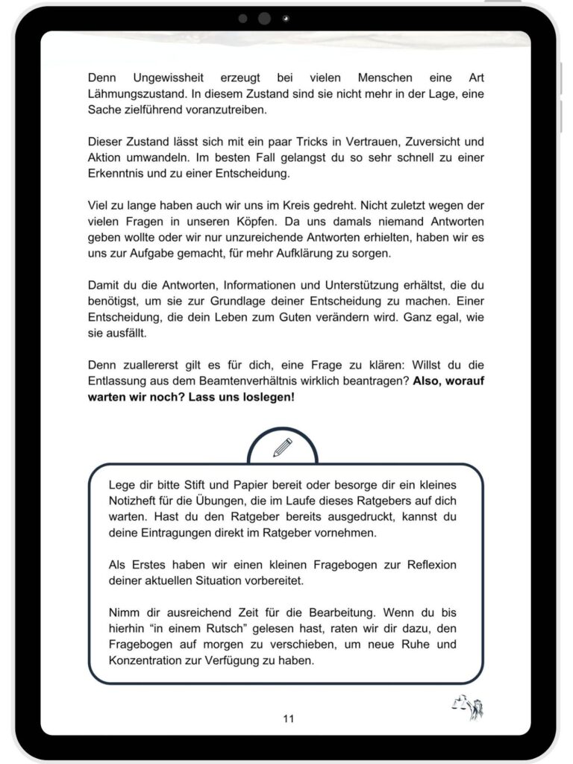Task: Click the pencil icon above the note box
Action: pyautogui.click(x=283, y=448)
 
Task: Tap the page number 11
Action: pyautogui.click(x=289, y=718)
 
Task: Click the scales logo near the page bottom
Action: pyautogui.click(x=467, y=705)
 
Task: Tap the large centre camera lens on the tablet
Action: pyautogui.click(x=264, y=19)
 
